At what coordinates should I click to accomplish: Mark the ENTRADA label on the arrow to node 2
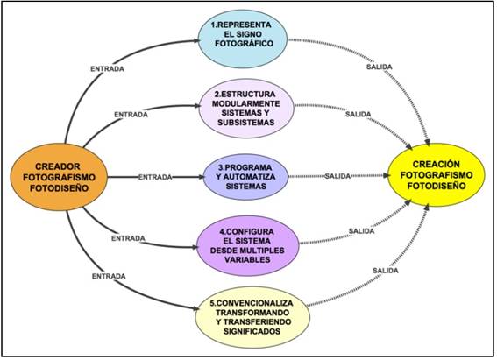[131, 115]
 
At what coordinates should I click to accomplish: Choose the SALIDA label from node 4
[360, 229]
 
